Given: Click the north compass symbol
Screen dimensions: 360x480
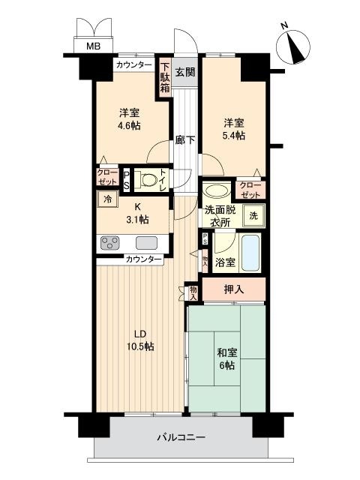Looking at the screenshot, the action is (x=293, y=46).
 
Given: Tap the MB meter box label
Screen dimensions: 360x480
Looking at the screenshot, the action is (x=93, y=46).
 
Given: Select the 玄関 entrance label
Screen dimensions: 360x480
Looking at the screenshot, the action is (x=185, y=72).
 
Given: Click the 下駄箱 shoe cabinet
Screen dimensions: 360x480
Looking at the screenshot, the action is (x=165, y=77).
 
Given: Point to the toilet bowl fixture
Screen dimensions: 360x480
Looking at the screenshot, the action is (x=148, y=180).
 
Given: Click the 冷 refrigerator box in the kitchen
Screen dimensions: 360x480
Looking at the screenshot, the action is (x=107, y=199).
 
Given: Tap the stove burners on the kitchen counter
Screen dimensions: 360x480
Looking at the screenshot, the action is (x=110, y=243).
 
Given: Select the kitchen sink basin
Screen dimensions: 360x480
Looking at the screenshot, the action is (x=147, y=243).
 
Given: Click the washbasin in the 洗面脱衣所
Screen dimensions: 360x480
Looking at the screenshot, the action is (x=217, y=191).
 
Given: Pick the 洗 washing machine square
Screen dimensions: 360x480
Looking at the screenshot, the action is (x=253, y=215).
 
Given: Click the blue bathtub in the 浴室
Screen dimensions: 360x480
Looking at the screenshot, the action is (x=250, y=252).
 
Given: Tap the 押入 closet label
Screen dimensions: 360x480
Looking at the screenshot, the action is (x=234, y=289).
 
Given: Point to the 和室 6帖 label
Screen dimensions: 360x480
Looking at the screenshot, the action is (x=226, y=358).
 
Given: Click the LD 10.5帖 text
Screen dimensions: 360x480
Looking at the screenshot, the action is (x=140, y=340).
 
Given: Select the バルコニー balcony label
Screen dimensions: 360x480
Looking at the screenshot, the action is (x=181, y=436).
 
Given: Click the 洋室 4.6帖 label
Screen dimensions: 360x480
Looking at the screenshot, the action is (x=130, y=119).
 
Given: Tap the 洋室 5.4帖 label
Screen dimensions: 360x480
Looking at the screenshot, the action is (x=234, y=129).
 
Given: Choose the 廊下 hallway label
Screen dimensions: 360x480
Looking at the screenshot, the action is (x=185, y=140).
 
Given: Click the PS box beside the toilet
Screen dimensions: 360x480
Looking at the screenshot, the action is (x=126, y=180).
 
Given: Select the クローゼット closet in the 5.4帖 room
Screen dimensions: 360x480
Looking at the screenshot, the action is (x=250, y=190).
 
